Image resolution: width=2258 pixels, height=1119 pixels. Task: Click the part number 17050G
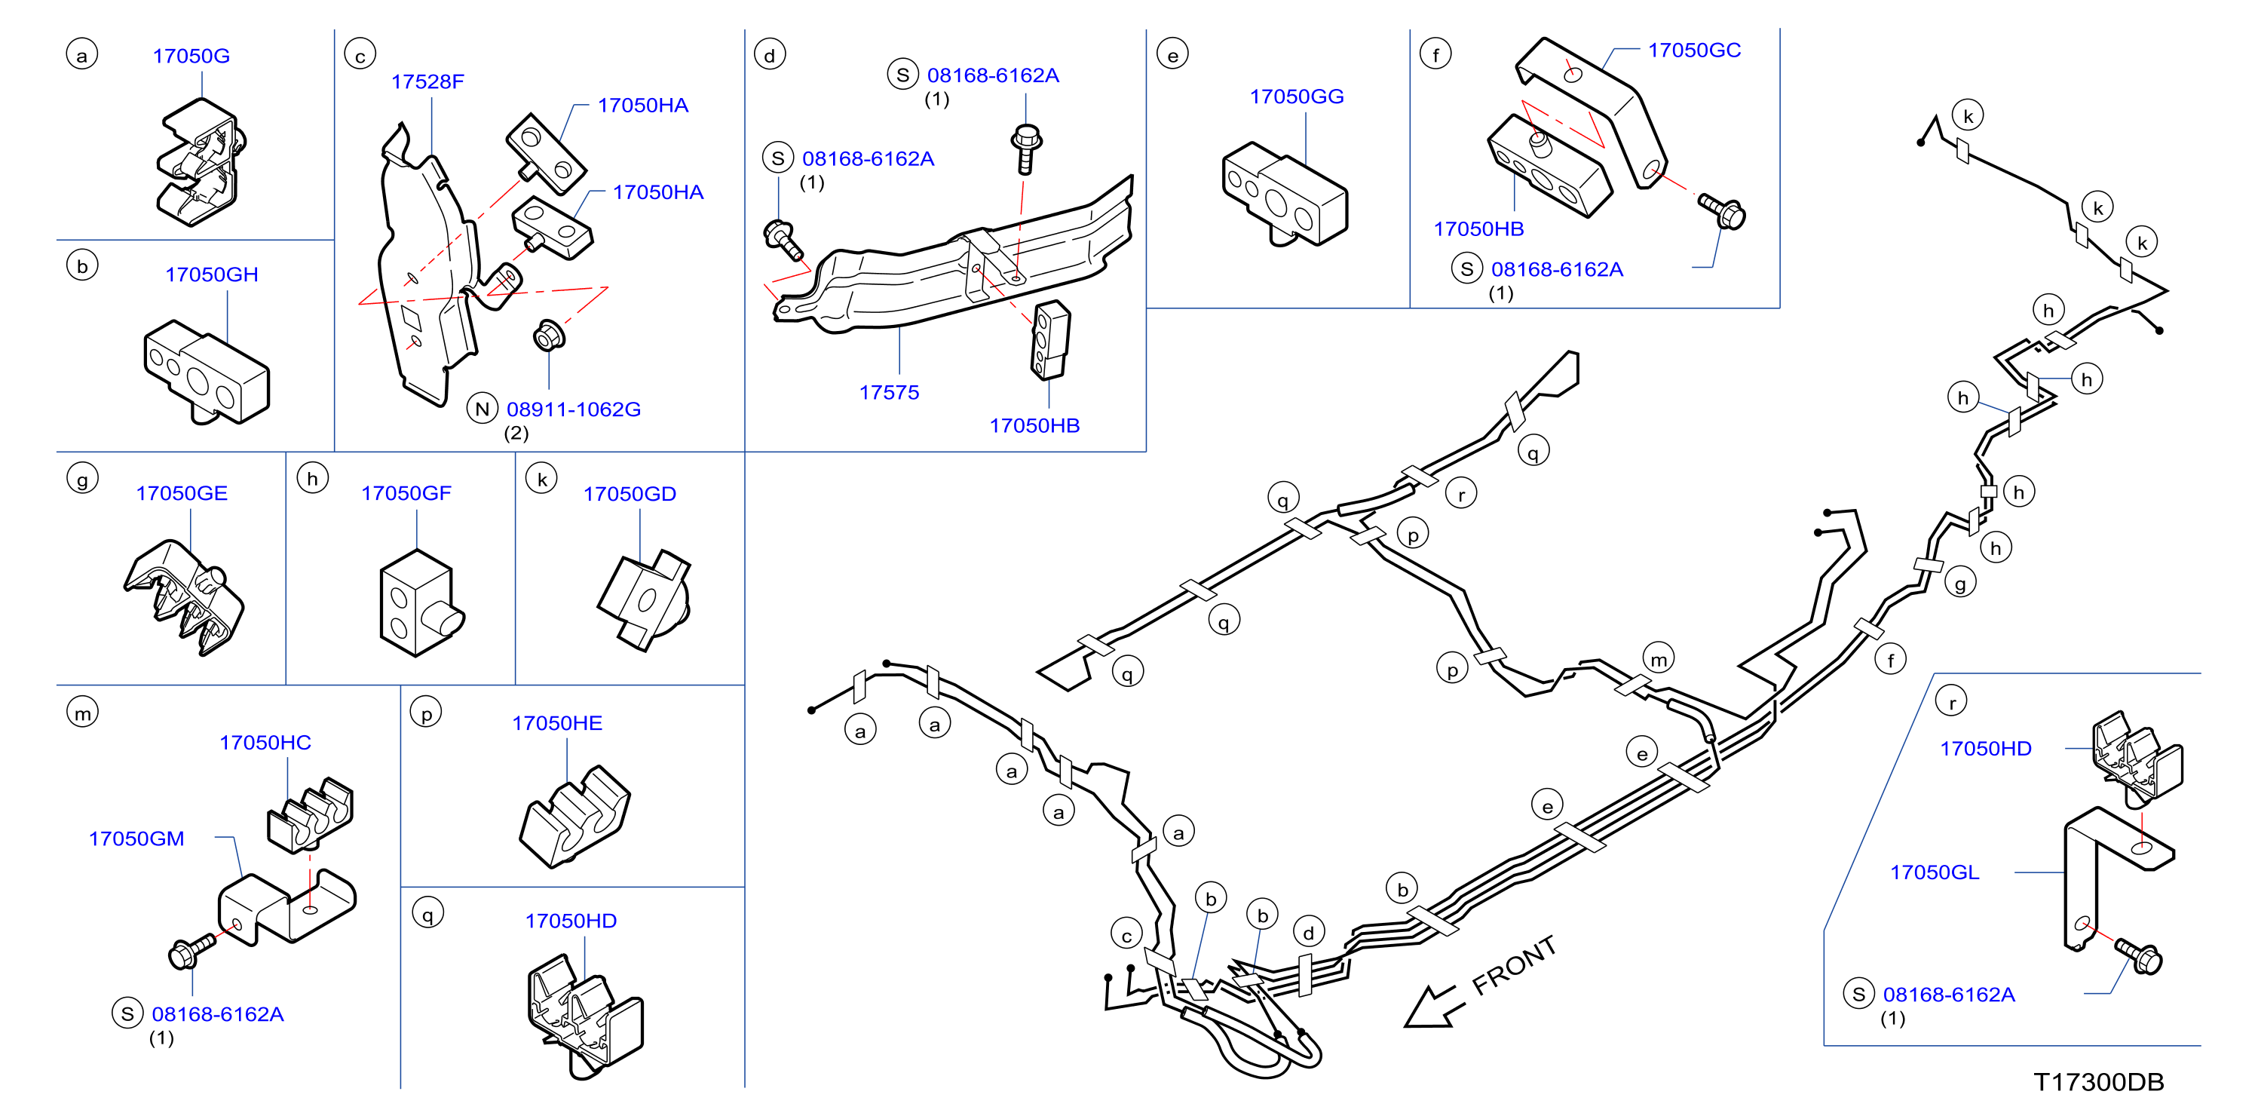(191, 56)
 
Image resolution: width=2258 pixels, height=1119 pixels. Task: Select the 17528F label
(427, 81)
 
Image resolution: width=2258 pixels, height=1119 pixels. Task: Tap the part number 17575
(889, 392)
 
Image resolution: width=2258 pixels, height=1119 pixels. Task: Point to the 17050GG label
(1297, 97)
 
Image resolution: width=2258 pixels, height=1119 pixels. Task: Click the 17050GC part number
(1693, 50)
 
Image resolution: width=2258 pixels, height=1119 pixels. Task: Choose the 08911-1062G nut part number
(573, 409)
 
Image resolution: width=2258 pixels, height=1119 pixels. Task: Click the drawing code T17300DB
(2098, 1081)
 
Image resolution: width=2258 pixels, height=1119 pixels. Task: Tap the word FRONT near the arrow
(1514, 964)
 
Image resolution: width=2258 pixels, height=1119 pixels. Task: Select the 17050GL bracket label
(1934, 872)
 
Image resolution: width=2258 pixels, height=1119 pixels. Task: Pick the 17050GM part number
(136, 838)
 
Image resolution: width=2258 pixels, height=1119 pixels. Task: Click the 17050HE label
(556, 722)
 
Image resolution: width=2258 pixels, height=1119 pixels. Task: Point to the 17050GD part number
(630, 494)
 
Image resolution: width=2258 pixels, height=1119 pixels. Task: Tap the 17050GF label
(406, 493)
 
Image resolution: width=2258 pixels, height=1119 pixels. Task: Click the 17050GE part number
(182, 493)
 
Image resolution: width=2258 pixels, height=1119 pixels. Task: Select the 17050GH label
(211, 274)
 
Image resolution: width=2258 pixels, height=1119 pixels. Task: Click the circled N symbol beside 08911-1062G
(482, 409)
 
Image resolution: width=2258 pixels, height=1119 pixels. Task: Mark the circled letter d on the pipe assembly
(1308, 932)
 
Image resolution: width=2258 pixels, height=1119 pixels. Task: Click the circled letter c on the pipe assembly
(1126, 935)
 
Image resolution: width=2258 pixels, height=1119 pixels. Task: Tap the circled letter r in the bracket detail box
(1951, 701)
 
